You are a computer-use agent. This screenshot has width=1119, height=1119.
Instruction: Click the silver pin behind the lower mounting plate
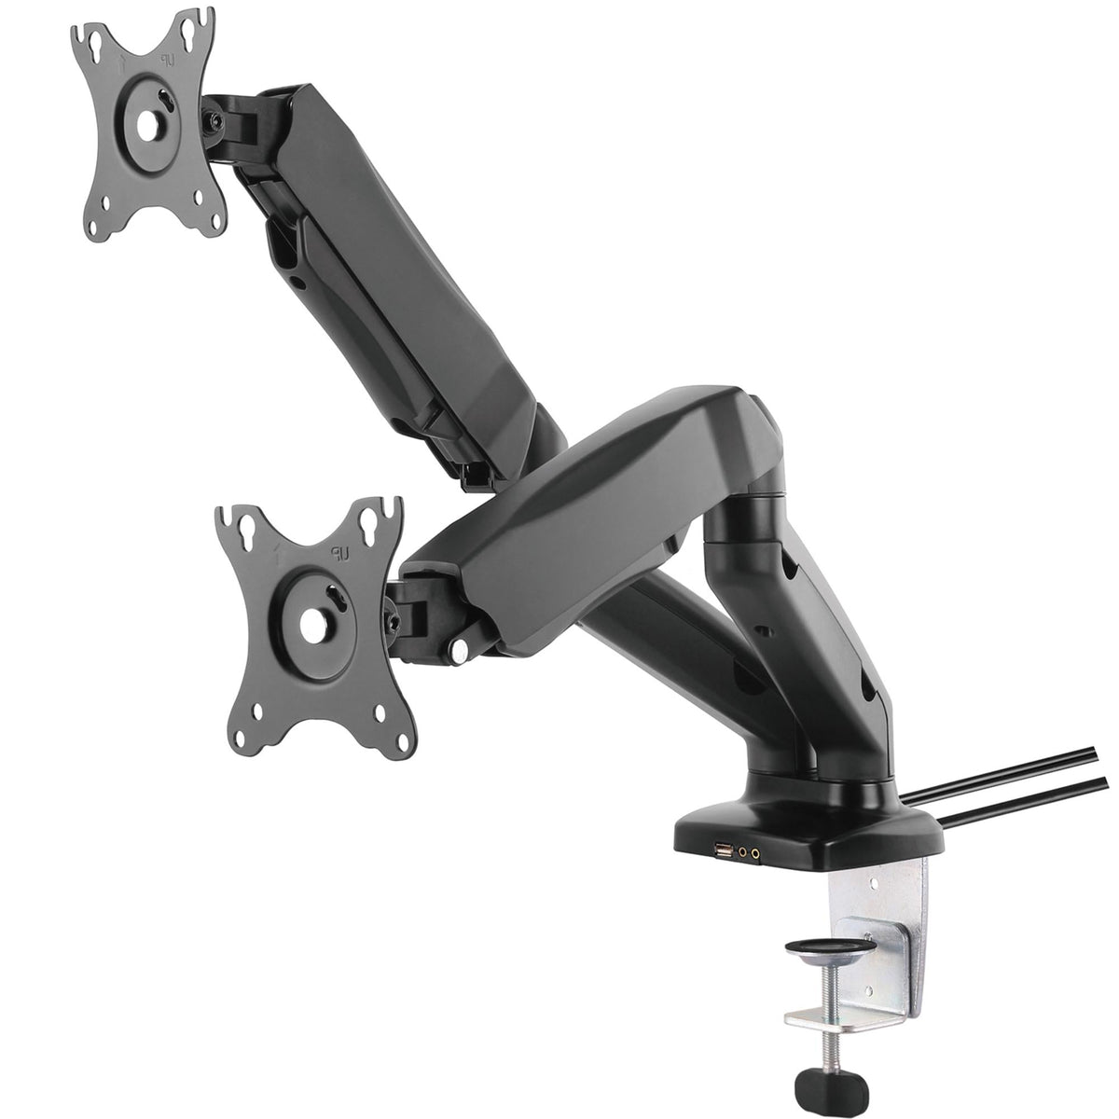click(x=460, y=651)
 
